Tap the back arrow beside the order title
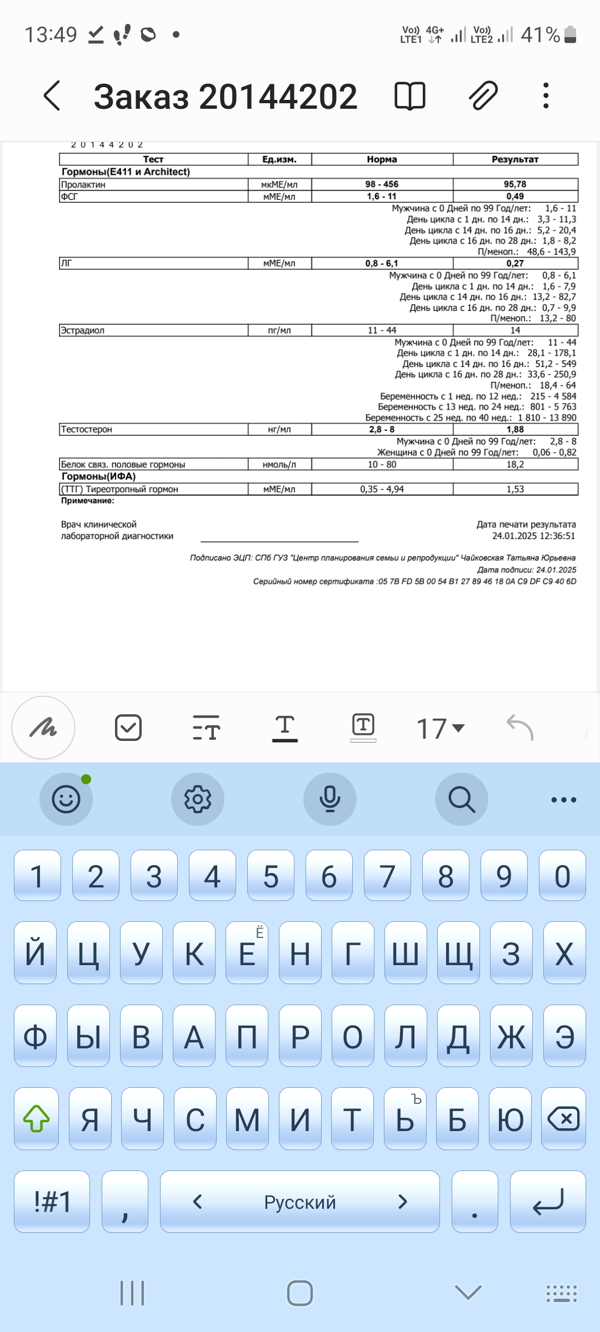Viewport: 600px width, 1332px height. tap(52, 96)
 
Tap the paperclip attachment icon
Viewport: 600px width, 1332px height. tap(483, 96)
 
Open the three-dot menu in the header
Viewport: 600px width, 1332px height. tap(546, 96)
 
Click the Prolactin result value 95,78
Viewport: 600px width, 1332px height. tap(515, 184)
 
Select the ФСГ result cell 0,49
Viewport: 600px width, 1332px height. tap(515, 196)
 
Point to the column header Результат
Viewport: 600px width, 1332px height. tap(515, 159)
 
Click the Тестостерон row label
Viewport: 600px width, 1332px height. tap(87, 429)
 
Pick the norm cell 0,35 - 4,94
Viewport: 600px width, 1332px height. tap(382, 489)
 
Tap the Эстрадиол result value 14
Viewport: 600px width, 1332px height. tap(515, 330)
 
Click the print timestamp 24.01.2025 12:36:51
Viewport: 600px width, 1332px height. tap(533, 536)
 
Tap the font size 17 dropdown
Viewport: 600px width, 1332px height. tap(440, 728)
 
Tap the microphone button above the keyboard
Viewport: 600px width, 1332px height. tap(329, 799)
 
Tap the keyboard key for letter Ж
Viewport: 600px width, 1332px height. tap(511, 1037)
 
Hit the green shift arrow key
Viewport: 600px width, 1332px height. tap(37, 1119)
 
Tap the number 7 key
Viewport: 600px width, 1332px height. tap(387, 876)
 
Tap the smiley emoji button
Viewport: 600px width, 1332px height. tap(66, 799)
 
